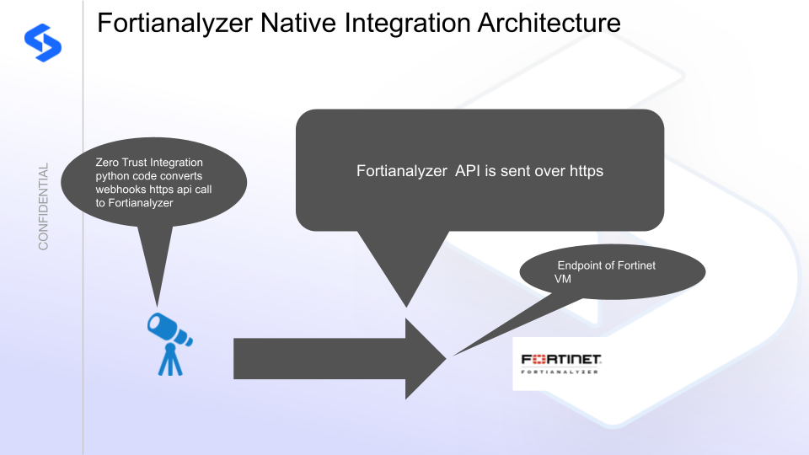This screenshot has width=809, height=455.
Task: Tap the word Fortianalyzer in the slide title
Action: click(x=174, y=22)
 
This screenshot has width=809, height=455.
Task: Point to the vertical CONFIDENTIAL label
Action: click(x=44, y=206)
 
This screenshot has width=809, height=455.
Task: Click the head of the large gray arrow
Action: click(x=426, y=358)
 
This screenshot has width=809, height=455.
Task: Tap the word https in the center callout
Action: click(x=584, y=171)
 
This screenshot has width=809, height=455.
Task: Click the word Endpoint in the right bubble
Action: click(x=583, y=265)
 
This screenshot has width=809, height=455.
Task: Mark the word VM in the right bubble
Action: click(x=563, y=279)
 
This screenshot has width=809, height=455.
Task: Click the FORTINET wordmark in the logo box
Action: click(x=561, y=359)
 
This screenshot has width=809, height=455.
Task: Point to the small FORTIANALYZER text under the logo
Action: click(x=561, y=371)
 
